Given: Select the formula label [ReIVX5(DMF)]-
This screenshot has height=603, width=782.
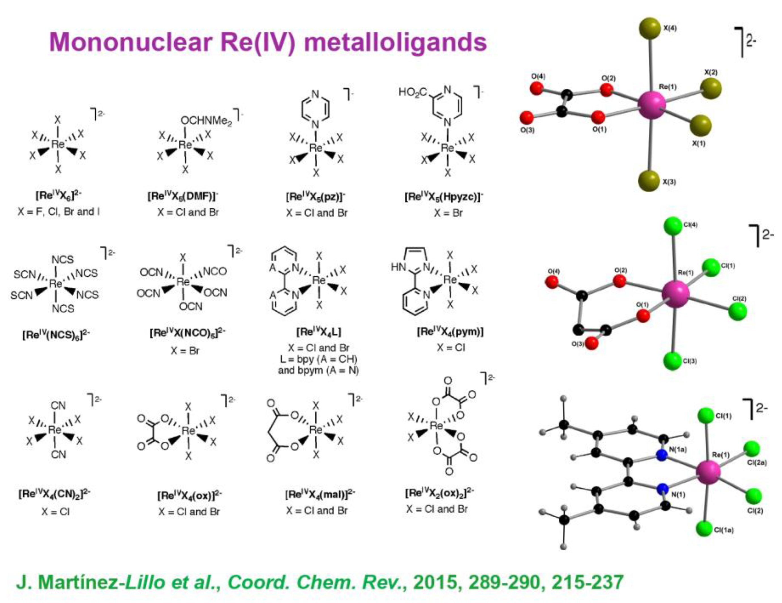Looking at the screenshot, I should (183, 196).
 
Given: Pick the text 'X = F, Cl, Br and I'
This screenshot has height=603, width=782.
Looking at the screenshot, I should (59, 212).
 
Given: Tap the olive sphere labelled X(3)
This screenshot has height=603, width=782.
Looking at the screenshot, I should (649, 181).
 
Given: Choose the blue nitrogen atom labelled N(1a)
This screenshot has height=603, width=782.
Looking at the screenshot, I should (662, 455).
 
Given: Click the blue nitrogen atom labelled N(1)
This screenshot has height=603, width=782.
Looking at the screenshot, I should (662, 489).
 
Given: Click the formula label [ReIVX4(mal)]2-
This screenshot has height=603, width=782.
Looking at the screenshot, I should (320, 495).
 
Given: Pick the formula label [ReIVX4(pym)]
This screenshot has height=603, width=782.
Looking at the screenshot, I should (450, 332).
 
